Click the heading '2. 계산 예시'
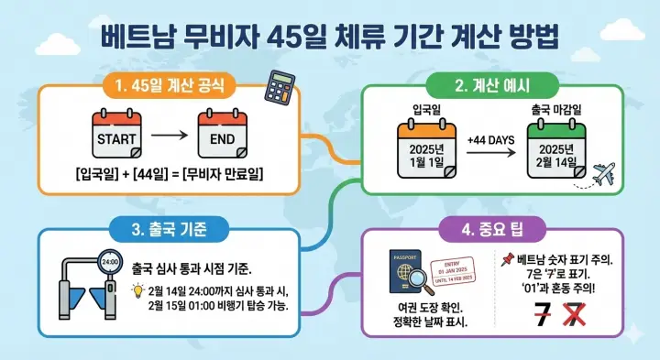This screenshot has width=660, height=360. pyautogui.click(x=495, y=88)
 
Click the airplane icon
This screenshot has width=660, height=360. pyautogui.click(x=603, y=173)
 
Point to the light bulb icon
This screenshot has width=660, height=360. pyautogui.click(x=138, y=289)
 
